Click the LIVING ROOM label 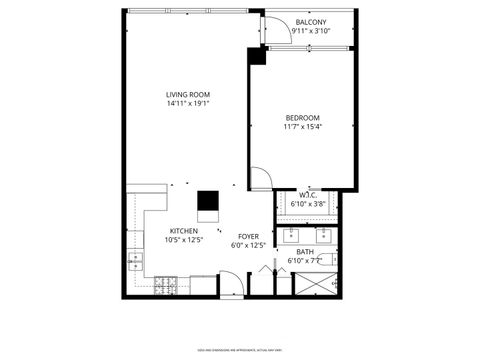(187, 94)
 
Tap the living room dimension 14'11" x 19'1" (187, 103)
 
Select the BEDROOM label (302, 118)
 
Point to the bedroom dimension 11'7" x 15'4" (302, 127)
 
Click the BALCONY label (311, 22)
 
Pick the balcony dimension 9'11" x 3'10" (311, 31)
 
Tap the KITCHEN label (183, 231)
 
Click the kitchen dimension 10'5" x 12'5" (183, 240)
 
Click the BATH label (305, 252)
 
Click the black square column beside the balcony (257, 57)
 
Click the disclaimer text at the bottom (240, 350)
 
